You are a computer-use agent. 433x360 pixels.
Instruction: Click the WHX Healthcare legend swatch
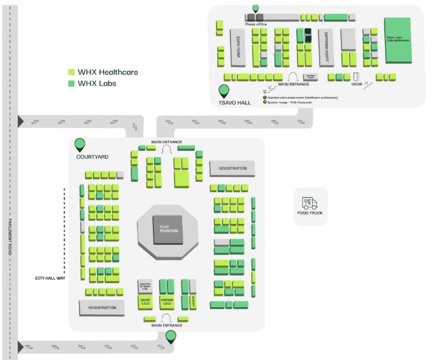click(71, 72)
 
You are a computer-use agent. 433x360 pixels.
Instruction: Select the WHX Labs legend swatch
click(71, 83)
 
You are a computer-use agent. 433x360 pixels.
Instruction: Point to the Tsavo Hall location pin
click(225, 92)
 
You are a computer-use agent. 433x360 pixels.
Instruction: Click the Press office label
click(256, 24)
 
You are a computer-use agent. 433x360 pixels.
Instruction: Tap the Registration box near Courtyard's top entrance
click(232, 168)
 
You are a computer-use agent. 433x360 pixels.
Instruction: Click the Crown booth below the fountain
click(167, 301)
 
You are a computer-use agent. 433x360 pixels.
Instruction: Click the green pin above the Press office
click(256, 8)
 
